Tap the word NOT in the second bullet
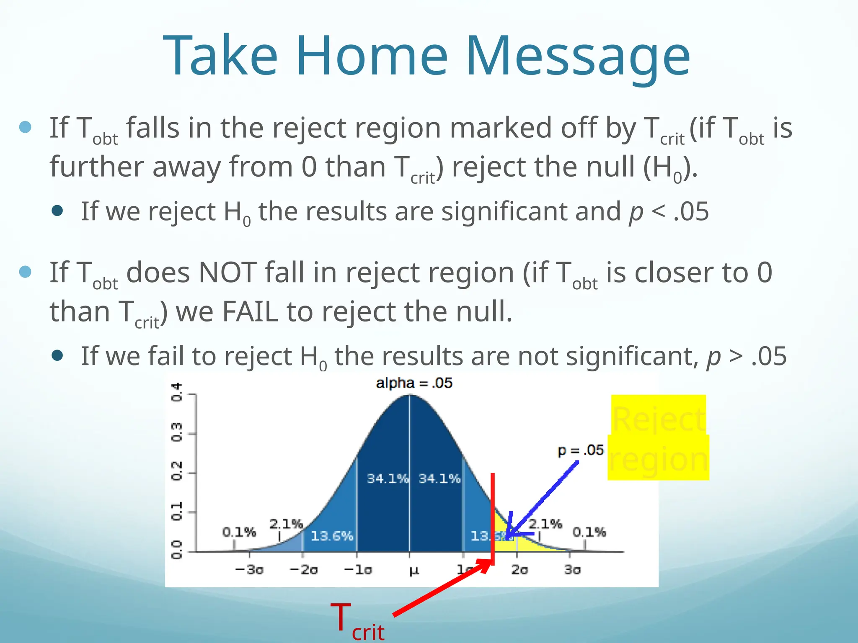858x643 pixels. [x=227, y=273]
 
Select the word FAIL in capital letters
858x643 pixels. [x=250, y=312]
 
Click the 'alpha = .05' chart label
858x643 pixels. [x=414, y=383]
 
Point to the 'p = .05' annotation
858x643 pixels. [x=580, y=450]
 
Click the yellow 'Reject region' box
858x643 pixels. [x=658, y=438]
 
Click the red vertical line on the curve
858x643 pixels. [x=493, y=515]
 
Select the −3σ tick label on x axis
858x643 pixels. [x=249, y=570]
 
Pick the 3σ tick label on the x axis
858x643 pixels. [x=572, y=570]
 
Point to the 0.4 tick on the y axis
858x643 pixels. [x=177, y=392]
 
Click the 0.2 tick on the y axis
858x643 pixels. [x=177, y=471]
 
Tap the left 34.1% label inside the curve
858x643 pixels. [x=388, y=478]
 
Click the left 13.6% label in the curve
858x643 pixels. [x=332, y=536]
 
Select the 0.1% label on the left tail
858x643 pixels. [x=239, y=532]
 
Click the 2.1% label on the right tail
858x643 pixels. [x=545, y=524]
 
